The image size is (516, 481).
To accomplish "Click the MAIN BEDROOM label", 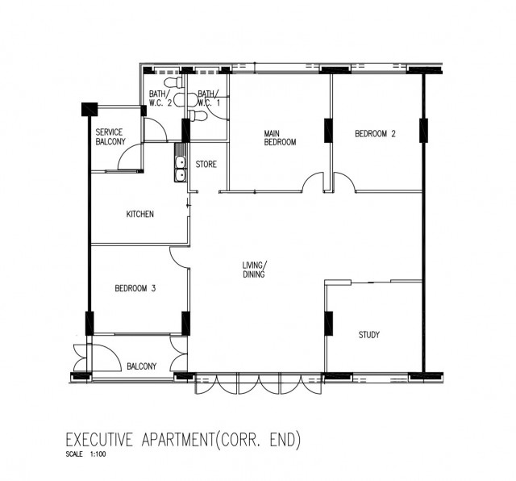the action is [280, 138].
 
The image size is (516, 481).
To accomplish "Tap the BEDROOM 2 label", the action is [375, 134].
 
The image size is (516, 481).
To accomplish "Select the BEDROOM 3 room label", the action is [135, 289].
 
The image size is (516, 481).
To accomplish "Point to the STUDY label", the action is [369, 335].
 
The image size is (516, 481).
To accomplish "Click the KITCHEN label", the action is [139, 214].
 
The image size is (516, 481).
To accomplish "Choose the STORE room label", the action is [206, 164].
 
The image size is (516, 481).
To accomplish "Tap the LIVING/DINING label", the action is [255, 270].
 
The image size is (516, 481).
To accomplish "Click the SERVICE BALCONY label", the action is [110, 137].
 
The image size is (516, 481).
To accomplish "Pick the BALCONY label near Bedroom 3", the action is [142, 366].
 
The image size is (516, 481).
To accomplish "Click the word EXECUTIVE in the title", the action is [99, 440].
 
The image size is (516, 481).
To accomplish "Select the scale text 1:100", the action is [98, 454].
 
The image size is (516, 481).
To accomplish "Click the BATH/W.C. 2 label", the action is [160, 98].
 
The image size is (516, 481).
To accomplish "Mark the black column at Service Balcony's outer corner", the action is [89, 110].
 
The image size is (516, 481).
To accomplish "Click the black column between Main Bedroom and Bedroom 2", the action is [328, 131].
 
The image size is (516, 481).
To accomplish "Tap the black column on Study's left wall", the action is [328, 324].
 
